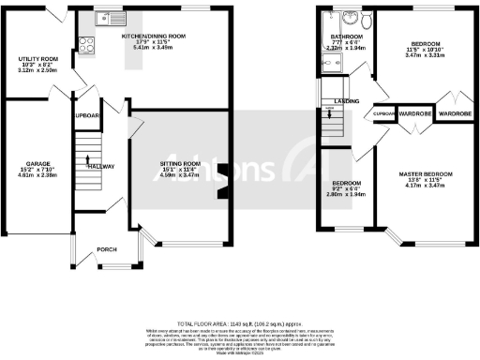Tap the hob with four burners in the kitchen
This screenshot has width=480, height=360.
[84, 41]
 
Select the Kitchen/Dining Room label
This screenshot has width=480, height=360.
[153, 36]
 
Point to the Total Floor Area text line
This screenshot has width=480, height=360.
[240, 321]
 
